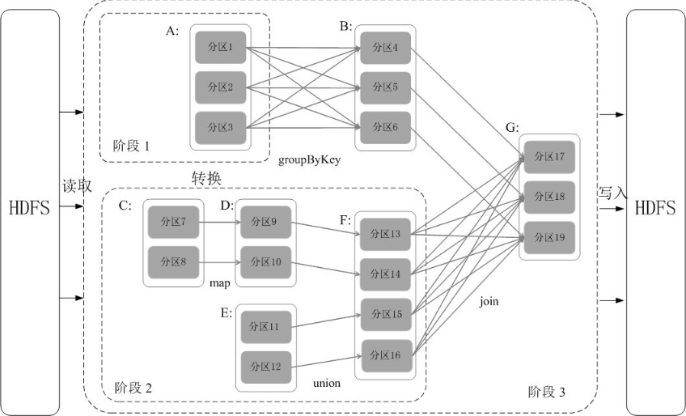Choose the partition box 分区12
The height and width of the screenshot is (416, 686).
264,367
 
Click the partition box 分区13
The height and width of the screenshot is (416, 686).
385,234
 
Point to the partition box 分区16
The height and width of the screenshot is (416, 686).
385,355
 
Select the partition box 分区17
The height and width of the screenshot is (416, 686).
549,157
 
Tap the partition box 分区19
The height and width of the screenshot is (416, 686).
549,236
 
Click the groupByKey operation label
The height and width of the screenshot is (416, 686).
310,160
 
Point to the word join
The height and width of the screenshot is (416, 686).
489,301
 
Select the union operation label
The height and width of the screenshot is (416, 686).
326,382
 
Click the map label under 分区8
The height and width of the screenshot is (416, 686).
220,284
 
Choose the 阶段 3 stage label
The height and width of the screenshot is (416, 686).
546,392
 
